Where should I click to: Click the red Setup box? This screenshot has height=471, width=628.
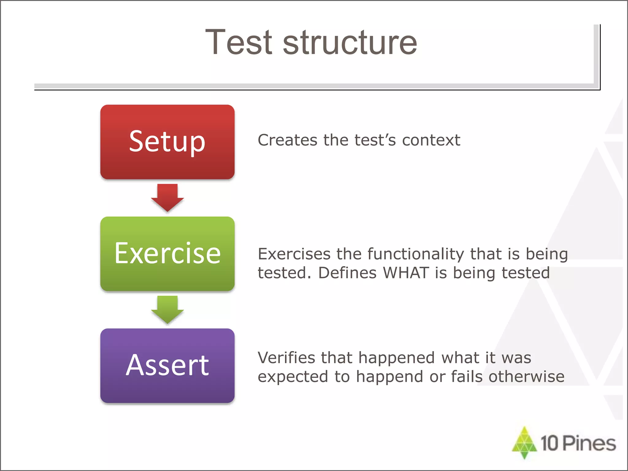(167, 142)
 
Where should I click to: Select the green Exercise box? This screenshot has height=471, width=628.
(167, 254)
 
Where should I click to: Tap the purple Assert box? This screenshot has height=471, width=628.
(167, 366)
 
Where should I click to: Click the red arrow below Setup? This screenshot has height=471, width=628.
(167, 197)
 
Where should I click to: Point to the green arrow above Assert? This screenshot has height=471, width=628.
(167, 309)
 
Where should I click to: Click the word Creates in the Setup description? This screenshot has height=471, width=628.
(287, 140)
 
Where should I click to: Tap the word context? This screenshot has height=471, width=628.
(431, 140)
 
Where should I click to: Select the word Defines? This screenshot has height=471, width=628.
(347, 273)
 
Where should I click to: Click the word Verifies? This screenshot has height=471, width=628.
(286, 358)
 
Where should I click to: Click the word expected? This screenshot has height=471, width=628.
(293, 377)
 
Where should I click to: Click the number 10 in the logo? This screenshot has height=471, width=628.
(549, 443)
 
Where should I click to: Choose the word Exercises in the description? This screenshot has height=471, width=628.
(294, 254)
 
